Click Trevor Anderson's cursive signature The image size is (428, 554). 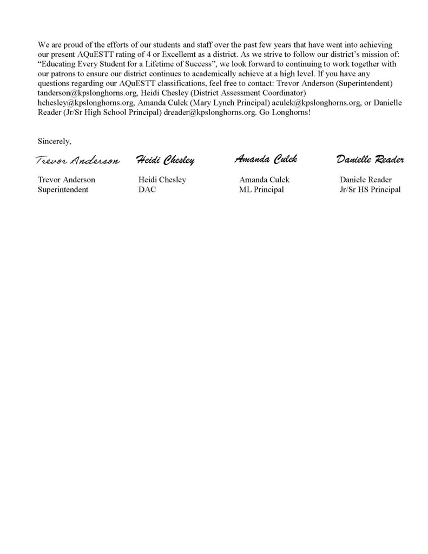(x=77, y=161)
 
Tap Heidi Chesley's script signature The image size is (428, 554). (x=165, y=160)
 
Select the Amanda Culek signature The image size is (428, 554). (x=266, y=159)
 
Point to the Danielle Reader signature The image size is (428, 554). (x=370, y=160)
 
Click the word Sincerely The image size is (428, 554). (x=54, y=141)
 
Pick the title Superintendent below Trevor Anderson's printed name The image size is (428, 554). (x=63, y=189)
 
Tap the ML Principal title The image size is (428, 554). (x=261, y=189)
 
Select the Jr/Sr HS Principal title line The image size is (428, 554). (x=370, y=189)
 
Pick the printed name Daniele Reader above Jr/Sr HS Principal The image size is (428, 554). (x=366, y=180)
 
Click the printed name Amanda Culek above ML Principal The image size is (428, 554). (x=265, y=180)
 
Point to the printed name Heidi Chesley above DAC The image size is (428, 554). (x=162, y=180)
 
